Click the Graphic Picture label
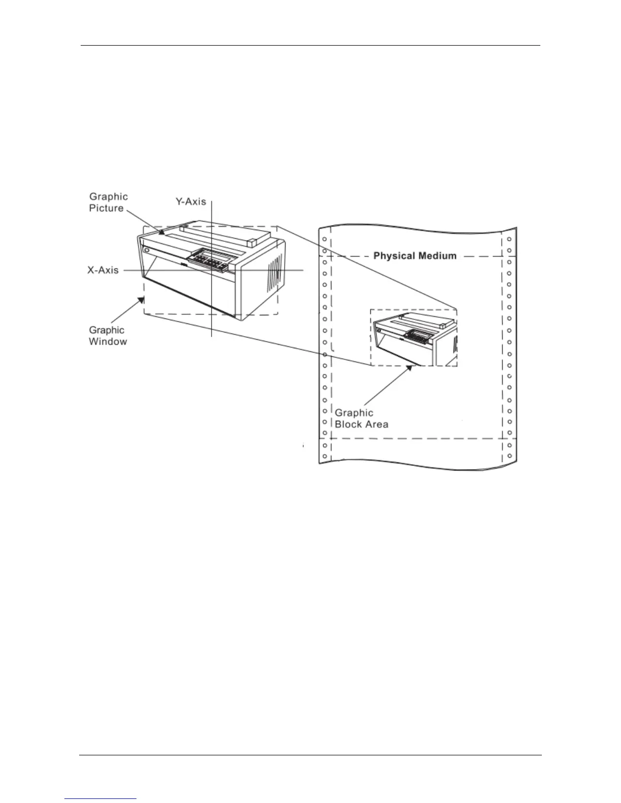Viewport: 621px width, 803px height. (108, 202)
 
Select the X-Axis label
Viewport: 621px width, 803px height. (103, 270)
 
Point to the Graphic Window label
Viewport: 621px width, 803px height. (108, 336)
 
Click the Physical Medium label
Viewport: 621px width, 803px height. (415, 256)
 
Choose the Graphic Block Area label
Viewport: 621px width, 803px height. (361, 419)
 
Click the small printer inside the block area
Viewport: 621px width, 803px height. (413, 338)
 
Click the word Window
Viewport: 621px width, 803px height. (108, 342)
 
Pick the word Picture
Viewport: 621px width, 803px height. (107, 208)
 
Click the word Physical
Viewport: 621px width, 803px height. (394, 256)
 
